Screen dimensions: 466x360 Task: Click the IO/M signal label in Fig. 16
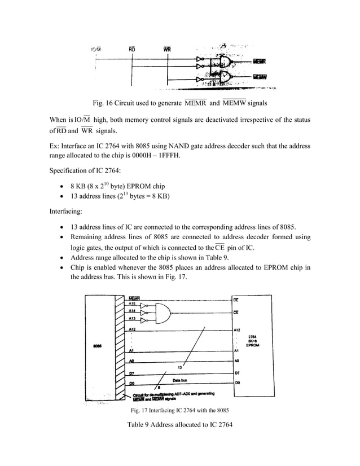[x=96, y=49]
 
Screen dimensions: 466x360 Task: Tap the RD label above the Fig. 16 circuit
[x=132, y=49]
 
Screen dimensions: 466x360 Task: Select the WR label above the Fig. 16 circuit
[x=167, y=49]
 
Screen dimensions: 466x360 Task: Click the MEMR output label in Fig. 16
[x=260, y=61]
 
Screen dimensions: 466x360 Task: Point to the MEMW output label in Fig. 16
[x=260, y=77]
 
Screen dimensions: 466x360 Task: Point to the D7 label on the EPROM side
[x=237, y=373]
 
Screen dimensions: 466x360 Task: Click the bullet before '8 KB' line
[x=61, y=187]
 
